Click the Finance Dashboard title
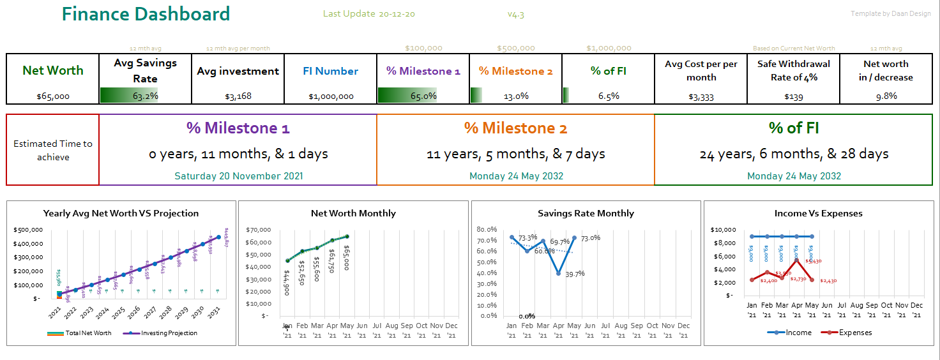146,14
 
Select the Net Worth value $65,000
53,96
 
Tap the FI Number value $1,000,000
330,96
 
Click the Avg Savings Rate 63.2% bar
145,96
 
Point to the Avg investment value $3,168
238,96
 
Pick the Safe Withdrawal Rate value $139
793,96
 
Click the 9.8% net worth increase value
886,96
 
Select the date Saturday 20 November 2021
238,176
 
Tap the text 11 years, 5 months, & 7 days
515,154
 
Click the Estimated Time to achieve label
53,150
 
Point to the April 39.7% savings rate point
559,273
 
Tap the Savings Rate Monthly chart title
586,213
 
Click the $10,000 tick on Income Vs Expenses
725,230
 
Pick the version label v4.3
515,14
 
